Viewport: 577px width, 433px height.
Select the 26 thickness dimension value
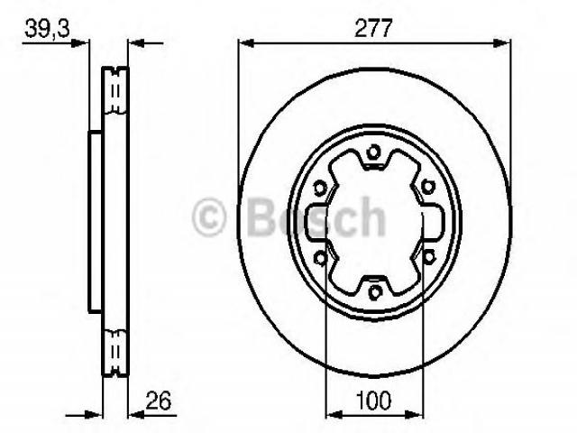[x=159, y=401]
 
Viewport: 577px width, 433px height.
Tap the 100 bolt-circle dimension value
[x=373, y=401]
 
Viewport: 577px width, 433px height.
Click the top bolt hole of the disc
[x=374, y=152]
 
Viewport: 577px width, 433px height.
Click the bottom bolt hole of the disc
[x=375, y=292]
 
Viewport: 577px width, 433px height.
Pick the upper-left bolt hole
[x=320, y=189]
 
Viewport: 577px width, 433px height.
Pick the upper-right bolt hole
[x=427, y=187]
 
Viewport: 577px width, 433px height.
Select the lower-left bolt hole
[x=321, y=258]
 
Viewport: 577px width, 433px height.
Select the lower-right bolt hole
[x=428, y=256]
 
